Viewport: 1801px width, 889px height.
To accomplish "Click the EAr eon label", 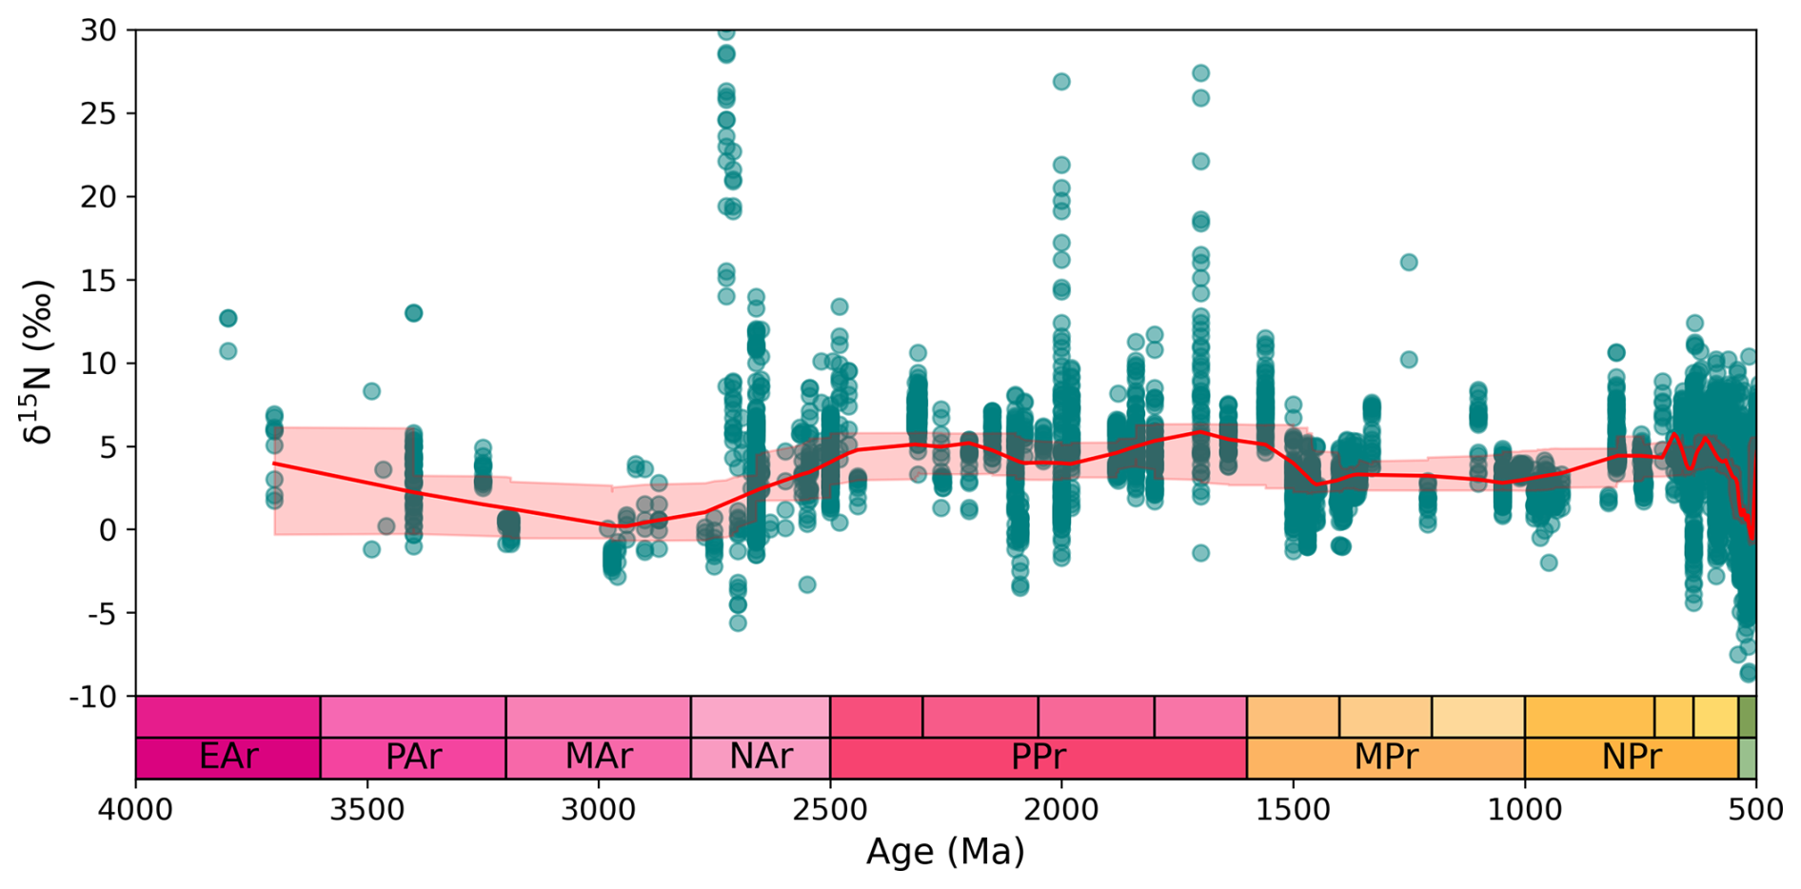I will [x=228, y=757].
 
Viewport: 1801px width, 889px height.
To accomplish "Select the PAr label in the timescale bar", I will [x=413, y=757].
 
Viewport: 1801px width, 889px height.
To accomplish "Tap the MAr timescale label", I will [x=598, y=757].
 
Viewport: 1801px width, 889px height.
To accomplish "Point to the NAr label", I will [x=761, y=757].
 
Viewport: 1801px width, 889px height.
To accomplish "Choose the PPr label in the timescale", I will [x=1038, y=757].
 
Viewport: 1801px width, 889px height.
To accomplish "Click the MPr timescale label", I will [x=1386, y=757].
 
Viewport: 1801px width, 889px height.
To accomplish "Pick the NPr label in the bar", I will [x=1632, y=757].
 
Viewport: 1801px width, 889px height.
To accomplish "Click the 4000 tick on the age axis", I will [x=136, y=809].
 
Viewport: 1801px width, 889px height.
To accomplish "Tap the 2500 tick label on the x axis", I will [x=830, y=809].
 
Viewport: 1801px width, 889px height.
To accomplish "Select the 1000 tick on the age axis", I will [x=1525, y=809].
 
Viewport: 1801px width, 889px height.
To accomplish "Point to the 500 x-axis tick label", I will [x=1756, y=809].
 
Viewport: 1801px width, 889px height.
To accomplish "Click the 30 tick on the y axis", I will [x=98, y=30].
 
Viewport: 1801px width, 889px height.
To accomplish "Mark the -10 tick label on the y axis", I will [x=92, y=697].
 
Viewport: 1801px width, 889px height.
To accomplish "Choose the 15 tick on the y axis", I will [x=98, y=281].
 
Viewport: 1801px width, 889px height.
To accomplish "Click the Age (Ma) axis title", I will [x=945, y=851].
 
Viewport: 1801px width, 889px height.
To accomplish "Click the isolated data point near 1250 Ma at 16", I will [x=1409, y=262].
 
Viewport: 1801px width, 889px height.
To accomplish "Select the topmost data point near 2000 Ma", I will [x=1061, y=82].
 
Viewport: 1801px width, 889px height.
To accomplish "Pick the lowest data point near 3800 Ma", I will [x=228, y=351].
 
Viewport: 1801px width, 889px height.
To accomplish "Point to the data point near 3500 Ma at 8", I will [x=372, y=391].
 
